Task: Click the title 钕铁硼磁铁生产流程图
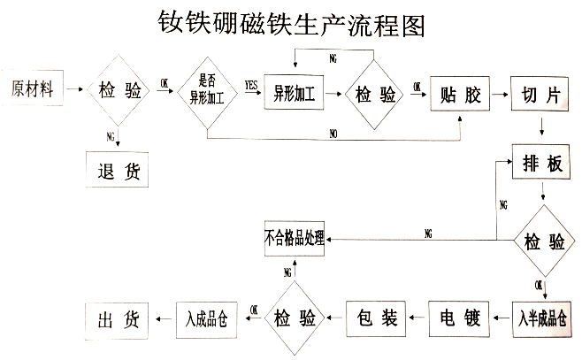click(291, 24)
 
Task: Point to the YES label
click(251, 85)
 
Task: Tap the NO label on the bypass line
click(333, 134)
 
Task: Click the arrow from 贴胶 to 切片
click(500, 93)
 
